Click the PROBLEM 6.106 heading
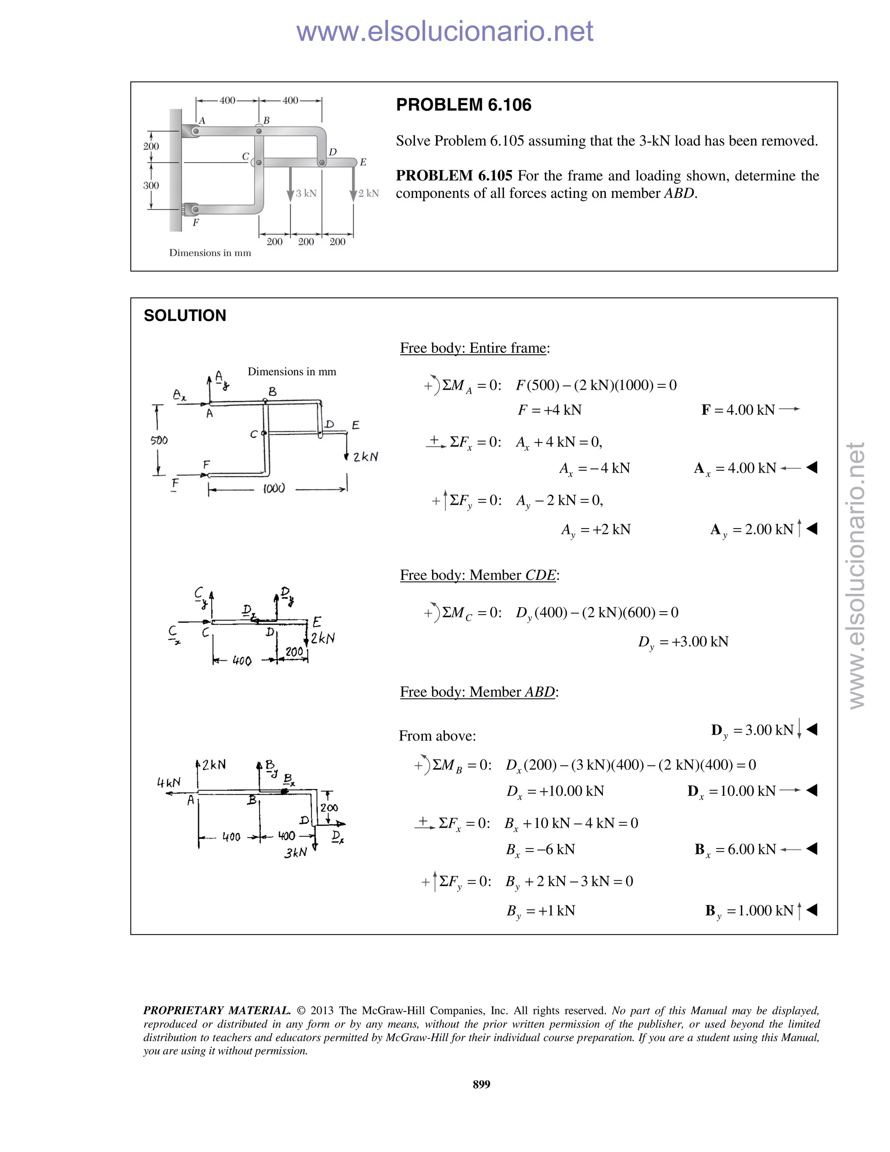click(x=463, y=105)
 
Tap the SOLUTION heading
click(x=185, y=316)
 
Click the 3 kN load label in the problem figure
click(x=306, y=193)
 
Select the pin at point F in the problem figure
click(x=195, y=210)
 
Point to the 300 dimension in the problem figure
click(x=151, y=186)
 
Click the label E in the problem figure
click(x=363, y=163)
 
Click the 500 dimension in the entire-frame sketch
click(x=159, y=440)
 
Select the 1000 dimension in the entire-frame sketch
click(x=274, y=489)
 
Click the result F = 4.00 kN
click(x=738, y=410)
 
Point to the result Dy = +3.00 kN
click(x=683, y=642)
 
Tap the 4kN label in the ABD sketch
click(x=169, y=782)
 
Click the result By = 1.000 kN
click(x=749, y=910)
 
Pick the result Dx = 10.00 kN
click(x=732, y=791)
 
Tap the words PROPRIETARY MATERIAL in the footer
click(x=217, y=1011)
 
